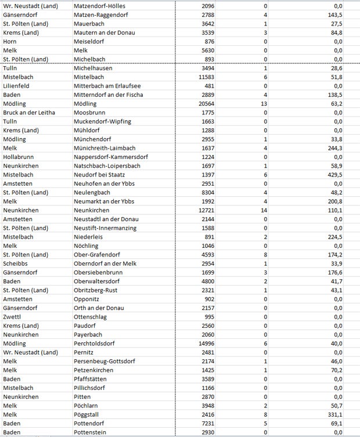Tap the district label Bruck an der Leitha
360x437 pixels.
click(x=28, y=112)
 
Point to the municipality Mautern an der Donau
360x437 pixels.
click(x=105, y=32)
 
